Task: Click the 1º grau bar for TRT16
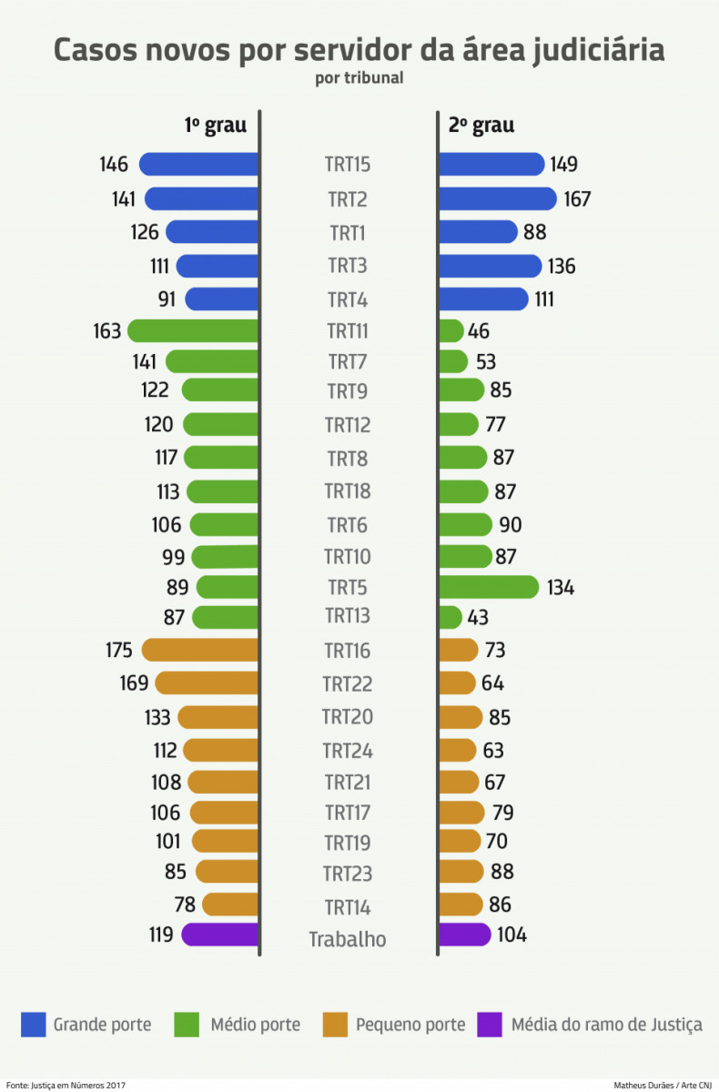(x=200, y=650)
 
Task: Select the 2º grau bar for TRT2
(x=497, y=198)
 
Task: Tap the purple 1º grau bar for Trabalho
(x=220, y=935)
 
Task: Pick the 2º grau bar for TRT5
(x=489, y=587)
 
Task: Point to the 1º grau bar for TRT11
(x=193, y=330)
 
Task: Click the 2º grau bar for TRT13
(x=451, y=617)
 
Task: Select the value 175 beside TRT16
(x=118, y=650)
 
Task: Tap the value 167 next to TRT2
(x=576, y=199)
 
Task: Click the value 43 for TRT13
(x=478, y=617)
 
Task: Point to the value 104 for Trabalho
(x=511, y=935)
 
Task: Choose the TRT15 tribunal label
(x=348, y=165)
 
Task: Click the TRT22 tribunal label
(x=348, y=683)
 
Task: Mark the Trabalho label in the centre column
(x=348, y=939)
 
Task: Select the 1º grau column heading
(x=216, y=126)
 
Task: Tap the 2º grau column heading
(x=481, y=126)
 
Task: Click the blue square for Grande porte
(x=33, y=1025)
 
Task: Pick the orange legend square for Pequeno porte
(x=335, y=1025)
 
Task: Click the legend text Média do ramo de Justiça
(x=606, y=1025)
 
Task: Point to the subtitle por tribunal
(x=359, y=78)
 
